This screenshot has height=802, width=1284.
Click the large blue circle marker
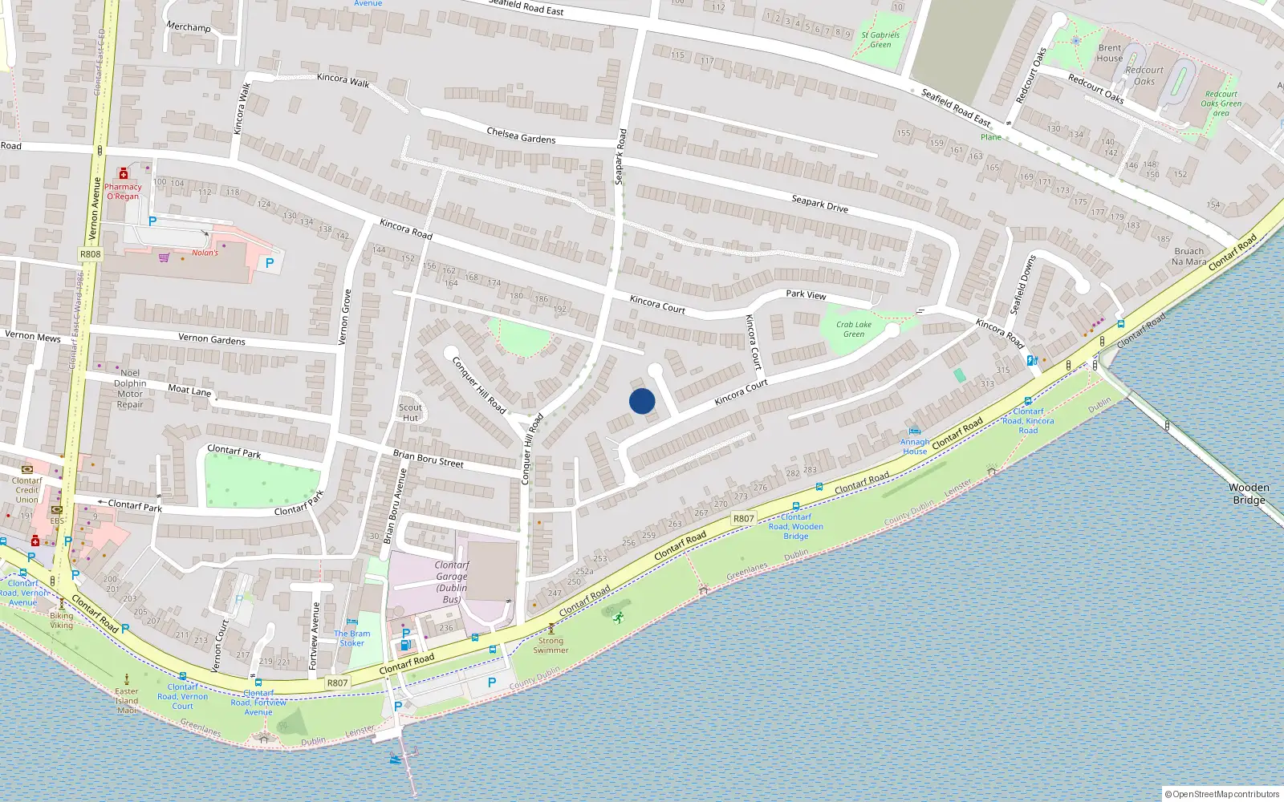click(642, 401)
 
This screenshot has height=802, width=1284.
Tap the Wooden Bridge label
click(1249, 493)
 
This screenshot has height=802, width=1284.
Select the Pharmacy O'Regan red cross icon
click(124, 174)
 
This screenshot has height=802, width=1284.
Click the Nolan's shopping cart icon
click(165, 257)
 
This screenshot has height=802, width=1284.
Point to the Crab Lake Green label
click(854, 329)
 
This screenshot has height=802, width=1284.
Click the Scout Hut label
click(410, 412)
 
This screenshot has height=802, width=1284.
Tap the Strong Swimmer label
click(551, 645)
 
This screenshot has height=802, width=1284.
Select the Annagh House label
click(915, 446)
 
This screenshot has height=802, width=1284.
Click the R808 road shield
click(90, 254)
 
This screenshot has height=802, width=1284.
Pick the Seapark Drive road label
click(819, 204)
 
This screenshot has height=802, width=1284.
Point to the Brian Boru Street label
click(428, 458)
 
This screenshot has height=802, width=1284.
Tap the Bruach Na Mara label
click(1189, 256)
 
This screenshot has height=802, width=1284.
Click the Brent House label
click(1110, 53)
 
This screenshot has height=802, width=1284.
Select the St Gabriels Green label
click(880, 39)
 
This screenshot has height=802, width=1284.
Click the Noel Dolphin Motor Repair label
click(130, 388)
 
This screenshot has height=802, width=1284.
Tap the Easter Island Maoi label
click(127, 700)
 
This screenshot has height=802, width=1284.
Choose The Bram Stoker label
click(352, 638)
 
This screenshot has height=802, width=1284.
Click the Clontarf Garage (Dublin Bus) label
click(451, 581)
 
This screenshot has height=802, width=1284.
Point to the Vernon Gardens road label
click(211, 339)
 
